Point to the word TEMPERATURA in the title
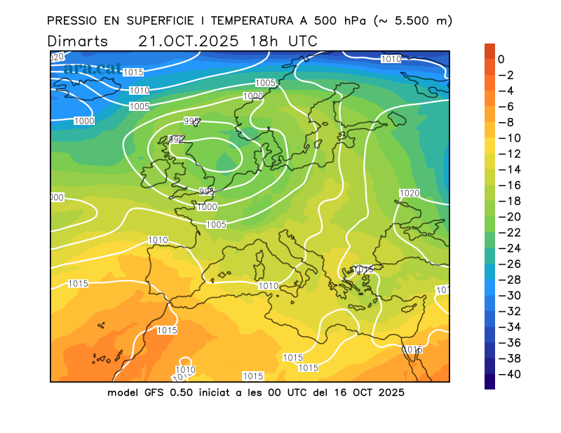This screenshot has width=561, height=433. click(x=232, y=21)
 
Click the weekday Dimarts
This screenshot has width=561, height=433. click(x=78, y=41)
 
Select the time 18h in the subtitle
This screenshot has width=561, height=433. click(x=263, y=41)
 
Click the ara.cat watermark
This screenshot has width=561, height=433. click(x=92, y=69)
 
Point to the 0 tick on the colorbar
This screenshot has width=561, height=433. click(x=501, y=60)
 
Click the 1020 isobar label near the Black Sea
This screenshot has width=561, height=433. click(x=410, y=193)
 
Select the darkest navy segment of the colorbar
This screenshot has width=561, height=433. click(x=489, y=382)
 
